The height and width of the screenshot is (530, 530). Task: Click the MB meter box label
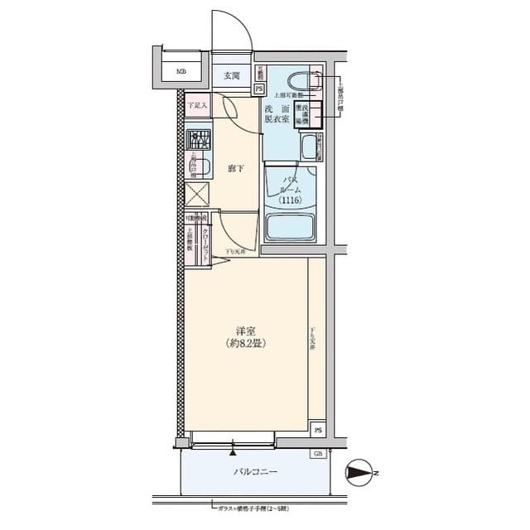[x=181, y=72]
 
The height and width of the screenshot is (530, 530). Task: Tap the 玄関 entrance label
[x=231, y=76]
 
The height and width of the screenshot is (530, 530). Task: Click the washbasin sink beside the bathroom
[x=310, y=148]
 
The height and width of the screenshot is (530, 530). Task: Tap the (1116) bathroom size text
[x=289, y=200]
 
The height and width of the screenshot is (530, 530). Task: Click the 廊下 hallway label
[x=235, y=170]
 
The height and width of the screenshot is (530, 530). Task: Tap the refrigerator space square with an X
[x=196, y=196]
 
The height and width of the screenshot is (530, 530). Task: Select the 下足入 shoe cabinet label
[x=195, y=105]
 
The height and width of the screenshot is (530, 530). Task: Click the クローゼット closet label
[x=205, y=241]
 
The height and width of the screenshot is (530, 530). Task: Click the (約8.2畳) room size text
[x=246, y=344]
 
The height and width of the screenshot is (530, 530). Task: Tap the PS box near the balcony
[x=318, y=430]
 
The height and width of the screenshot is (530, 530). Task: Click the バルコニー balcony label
[x=254, y=472]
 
